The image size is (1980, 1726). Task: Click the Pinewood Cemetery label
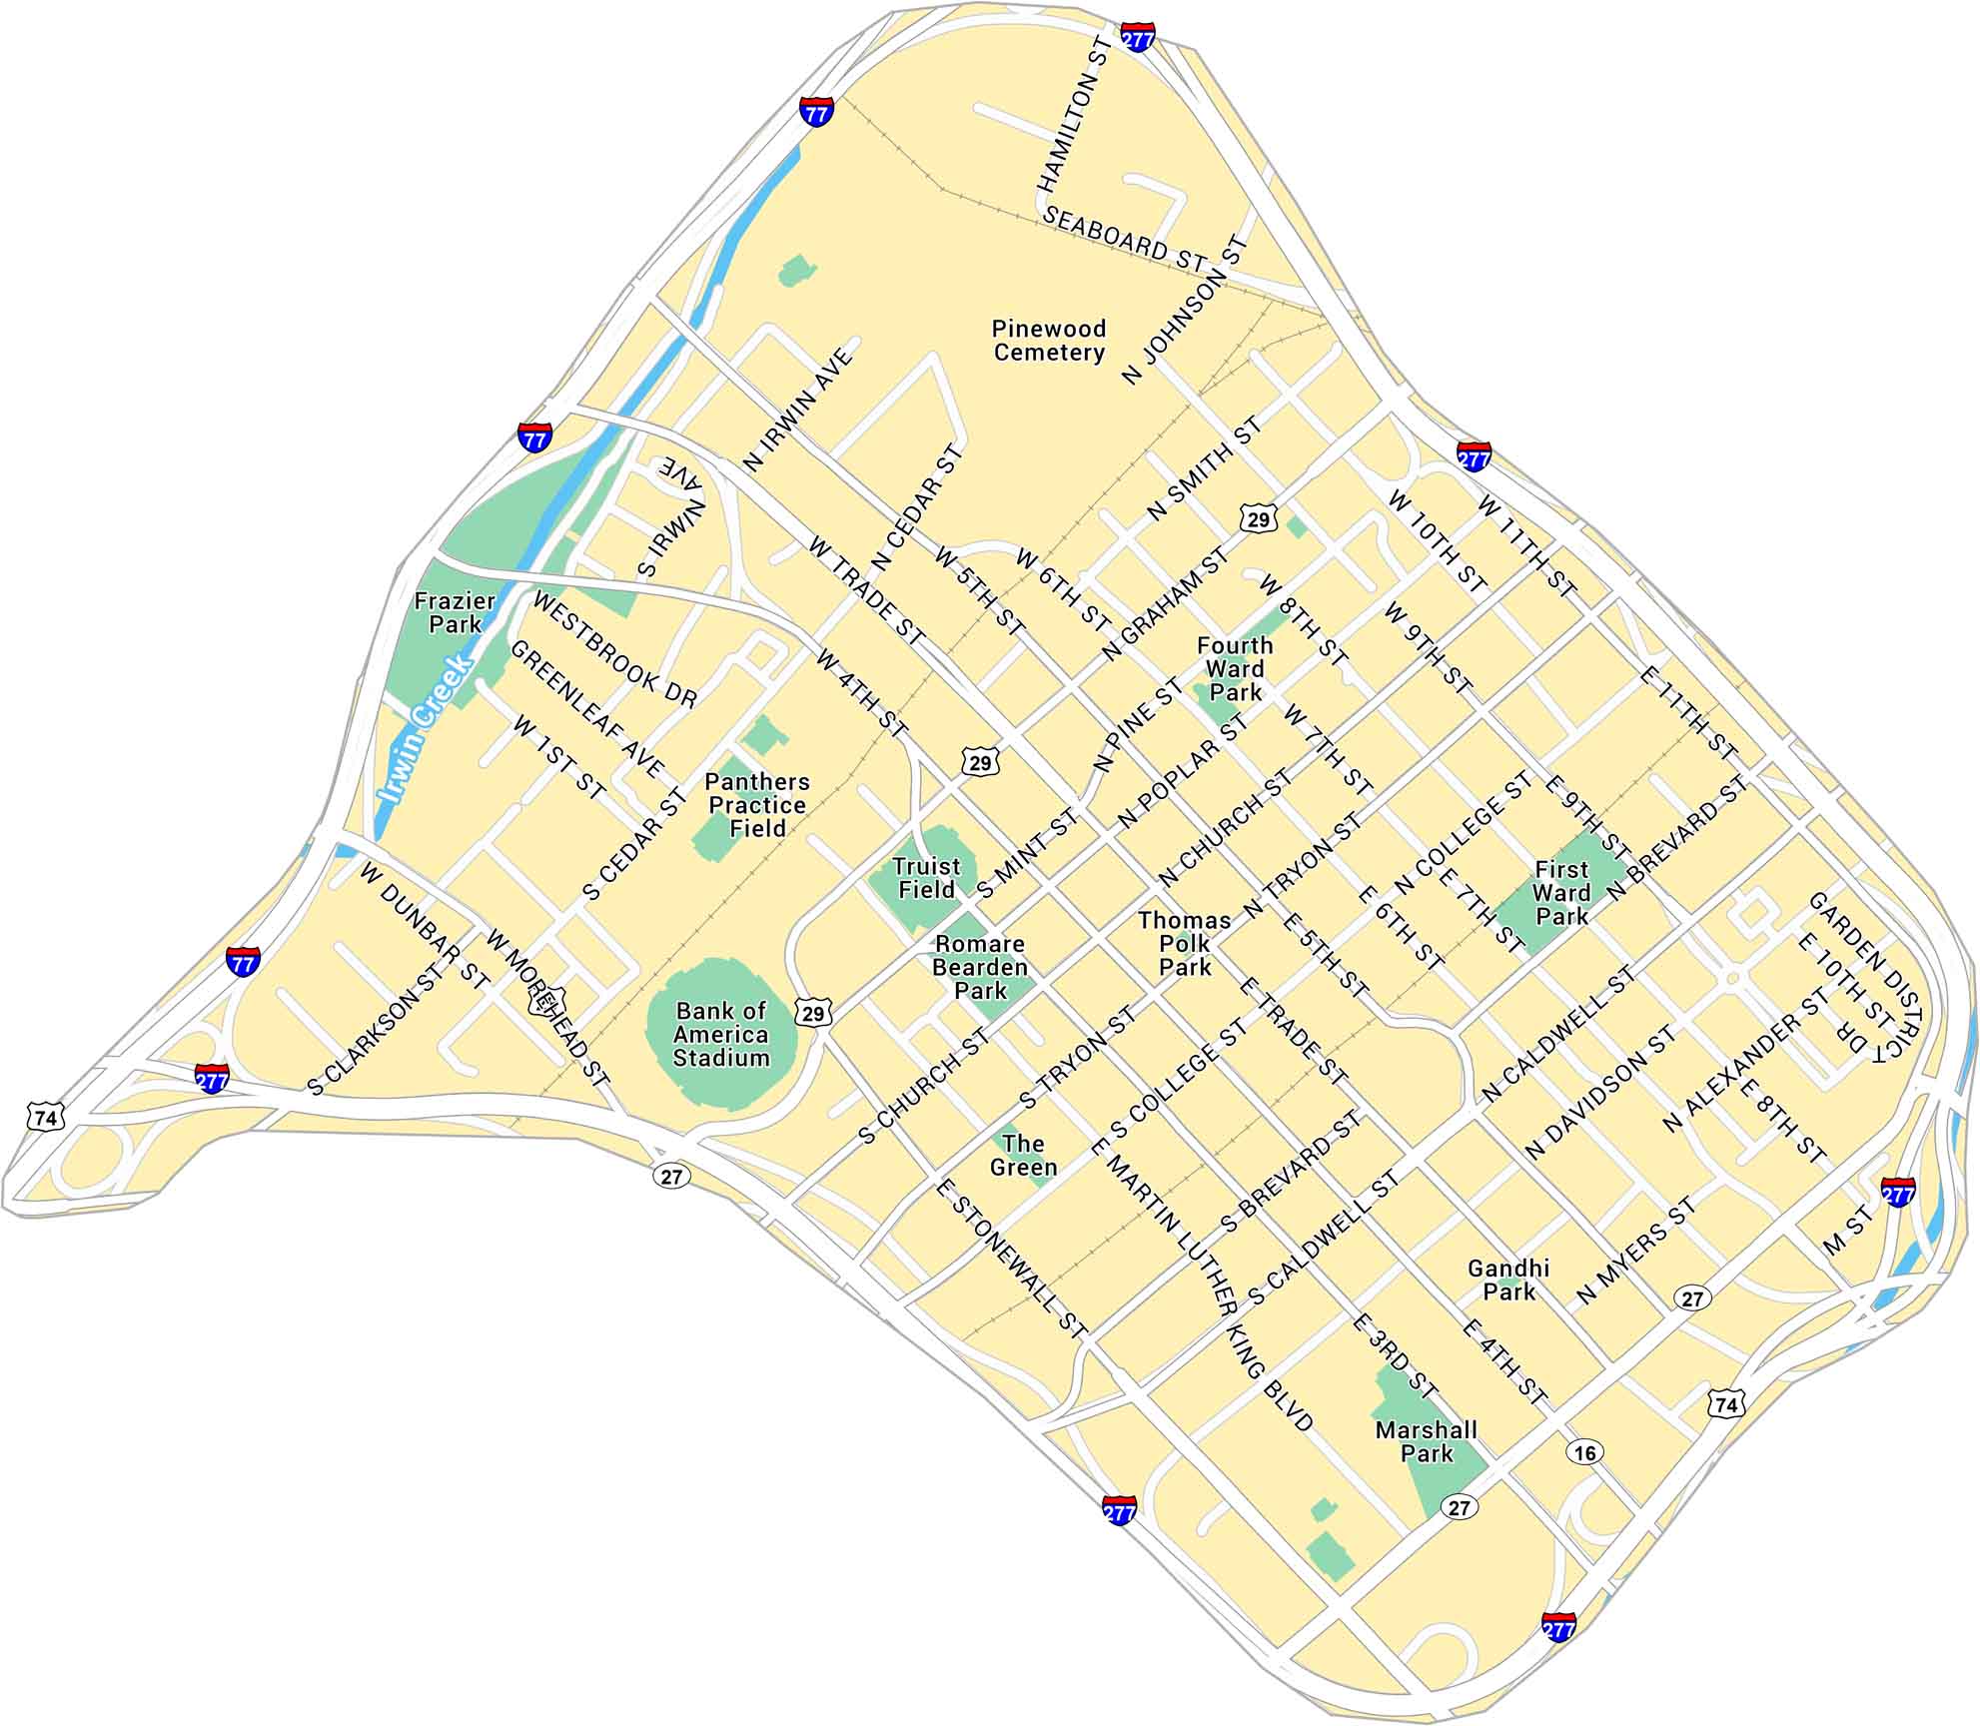click(1048, 341)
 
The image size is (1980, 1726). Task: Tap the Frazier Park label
click(455, 612)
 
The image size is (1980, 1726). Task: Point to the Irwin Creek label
click(424, 731)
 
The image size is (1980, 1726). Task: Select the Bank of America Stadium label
click(720, 1034)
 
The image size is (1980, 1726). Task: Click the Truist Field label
click(926, 878)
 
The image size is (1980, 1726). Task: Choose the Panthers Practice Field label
click(757, 805)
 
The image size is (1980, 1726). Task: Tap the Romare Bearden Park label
click(979, 967)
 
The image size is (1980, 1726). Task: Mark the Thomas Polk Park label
click(1185, 943)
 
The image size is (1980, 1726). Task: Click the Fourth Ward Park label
click(1235, 668)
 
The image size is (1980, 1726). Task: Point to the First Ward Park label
click(1561, 892)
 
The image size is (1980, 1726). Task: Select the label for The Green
click(1023, 1155)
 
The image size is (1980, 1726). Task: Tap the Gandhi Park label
click(1508, 1280)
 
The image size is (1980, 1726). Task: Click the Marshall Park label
click(1426, 1441)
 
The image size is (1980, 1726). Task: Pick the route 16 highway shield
click(1585, 1451)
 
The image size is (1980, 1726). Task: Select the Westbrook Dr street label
click(614, 649)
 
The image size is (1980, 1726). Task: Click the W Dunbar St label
click(425, 926)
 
